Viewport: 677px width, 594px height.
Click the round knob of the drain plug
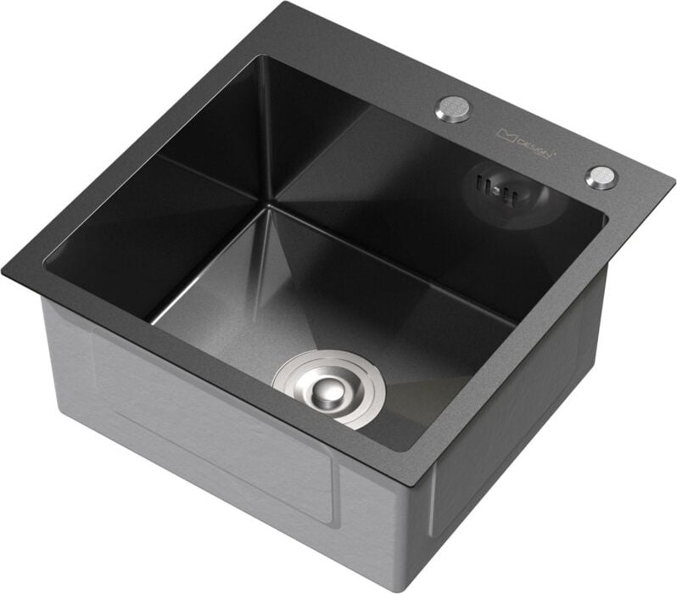[x=327, y=391]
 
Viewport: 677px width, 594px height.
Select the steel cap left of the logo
[x=453, y=109]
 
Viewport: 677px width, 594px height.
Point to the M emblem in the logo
[x=506, y=133]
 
